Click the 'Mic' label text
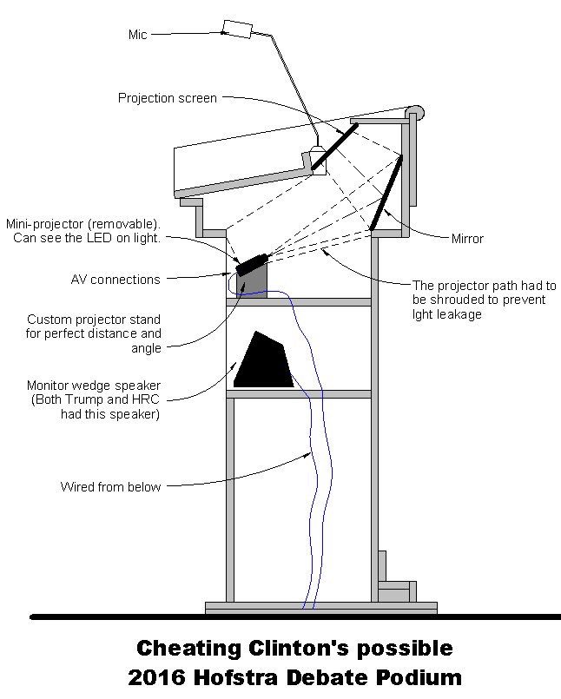point(138,35)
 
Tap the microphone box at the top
point(236,28)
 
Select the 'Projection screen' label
point(168,98)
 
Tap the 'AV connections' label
point(115,280)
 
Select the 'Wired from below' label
point(110,486)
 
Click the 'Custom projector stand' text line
point(95,319)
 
